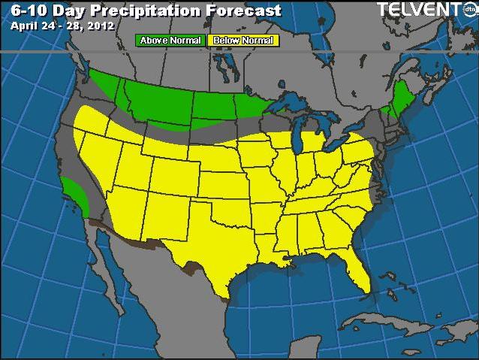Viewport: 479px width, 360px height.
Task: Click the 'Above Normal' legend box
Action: pyautogui.click(x=170, y=40)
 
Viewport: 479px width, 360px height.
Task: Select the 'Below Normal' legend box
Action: pyautogui.click(x=243, y=40)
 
